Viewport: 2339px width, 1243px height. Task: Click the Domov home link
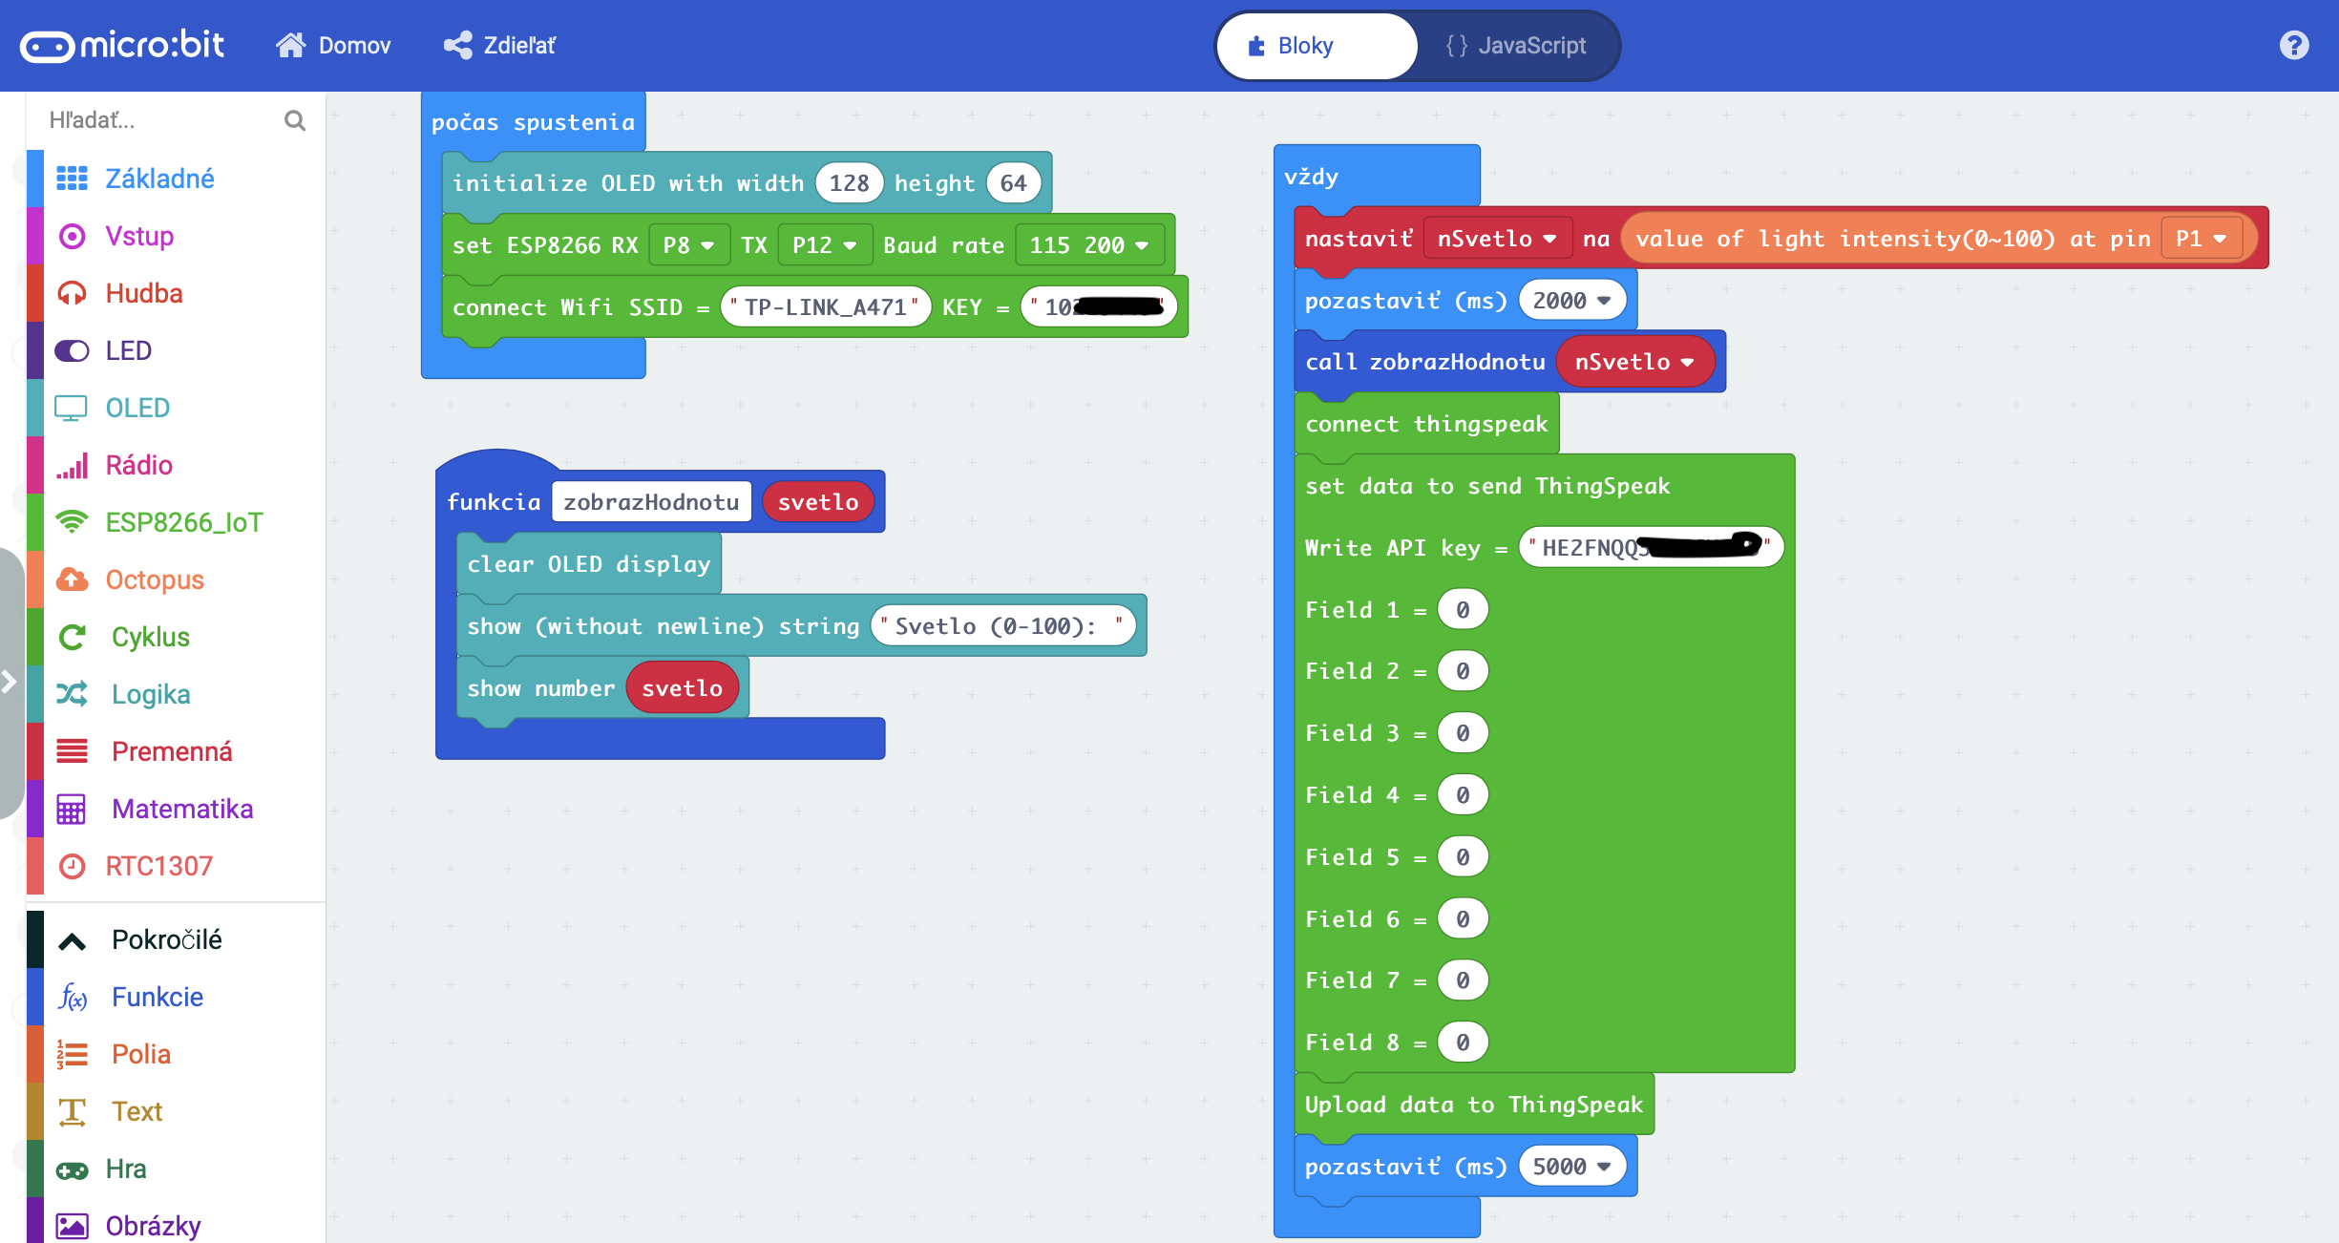[x=334, y=46]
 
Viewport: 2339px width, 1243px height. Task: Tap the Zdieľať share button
[x=499, y=46]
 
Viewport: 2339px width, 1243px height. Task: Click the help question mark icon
[x=2294, y=46]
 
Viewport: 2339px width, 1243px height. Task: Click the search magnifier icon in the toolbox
[x=295, y=120]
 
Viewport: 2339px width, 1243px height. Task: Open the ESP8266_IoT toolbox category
[x=183, y=522]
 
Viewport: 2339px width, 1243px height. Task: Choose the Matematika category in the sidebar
[x=181, y=809]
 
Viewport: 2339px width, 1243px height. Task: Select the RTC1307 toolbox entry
[x=158, y=866]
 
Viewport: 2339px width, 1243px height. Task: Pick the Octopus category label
[x=155, y=579]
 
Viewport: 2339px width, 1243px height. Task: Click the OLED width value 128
[x=849, y=183]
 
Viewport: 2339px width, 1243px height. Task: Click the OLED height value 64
[x=1013, y=183]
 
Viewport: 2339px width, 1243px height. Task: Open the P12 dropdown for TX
[x=824, y=245]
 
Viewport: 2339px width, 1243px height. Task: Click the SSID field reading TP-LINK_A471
[x=826, y=307]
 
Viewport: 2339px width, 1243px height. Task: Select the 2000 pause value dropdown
[x=1571, y=301]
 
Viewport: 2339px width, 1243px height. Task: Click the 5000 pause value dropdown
[x=1571, y=1167]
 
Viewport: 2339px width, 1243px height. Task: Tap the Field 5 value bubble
[x=1463, y=857]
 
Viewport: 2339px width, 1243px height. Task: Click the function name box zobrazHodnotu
[x=651, y=502]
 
